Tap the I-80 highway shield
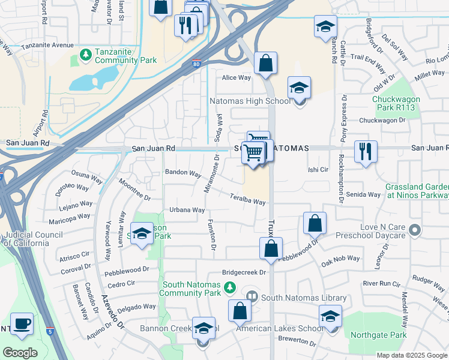(x=196, y=64)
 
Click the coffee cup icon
(x=23, y=325)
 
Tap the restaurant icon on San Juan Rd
(x=366, y=152)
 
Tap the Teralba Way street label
(x=247, y=199)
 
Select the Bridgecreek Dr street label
(x=244, y=272)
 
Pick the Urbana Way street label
(x=187, y=210)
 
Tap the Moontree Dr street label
(x=134, y=188)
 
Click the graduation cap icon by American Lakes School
(x=330, y=316)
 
